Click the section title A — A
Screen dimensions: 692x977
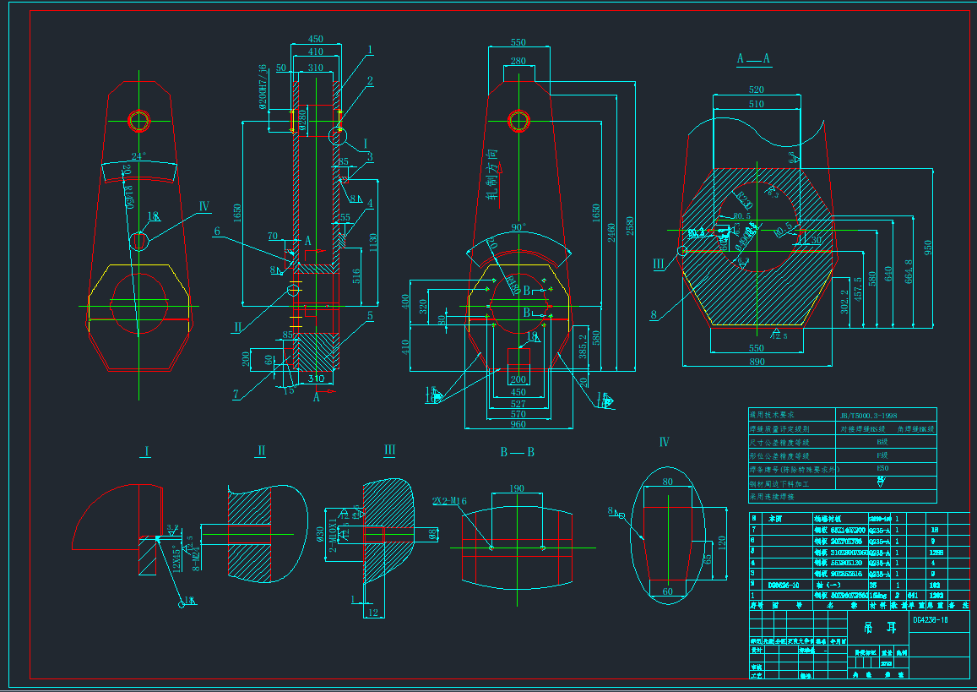pyautogui.click(x=753, y=58)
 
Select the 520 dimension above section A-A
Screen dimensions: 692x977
pyautogui.click(x=756, y=90)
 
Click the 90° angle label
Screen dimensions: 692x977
pyautogui.click(x=518, y=227)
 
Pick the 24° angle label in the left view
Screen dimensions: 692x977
pyautogui.click(x=138, y=156)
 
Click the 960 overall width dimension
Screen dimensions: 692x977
pyautogui.click(x=517, y=425)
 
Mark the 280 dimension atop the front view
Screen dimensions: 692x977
pyautogui.click(x=518, y=61)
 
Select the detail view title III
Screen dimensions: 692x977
pyautogui.click(x=389, y=450)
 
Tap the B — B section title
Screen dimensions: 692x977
pyautogui.click(x=517, y=452)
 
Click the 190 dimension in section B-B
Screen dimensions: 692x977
pyautogui.click(x=517, y=488)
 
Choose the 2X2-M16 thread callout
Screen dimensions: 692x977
pyautogui.click(x=449, y=501)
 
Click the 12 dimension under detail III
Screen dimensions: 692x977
pyautogui.click(x=373, y=613)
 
